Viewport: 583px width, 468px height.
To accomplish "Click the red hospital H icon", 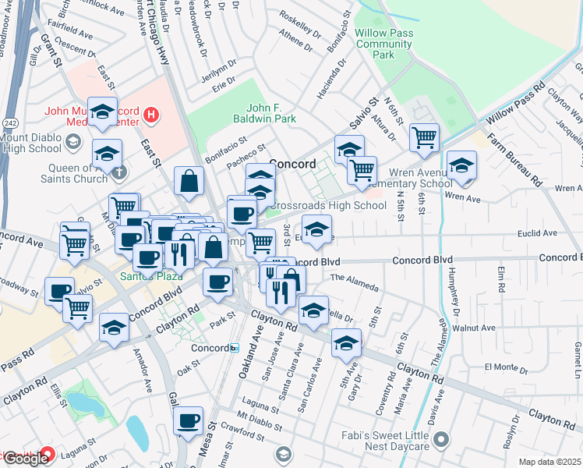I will click(x=152, y=117).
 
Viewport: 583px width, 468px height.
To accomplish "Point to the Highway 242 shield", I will click(x=8, y=122).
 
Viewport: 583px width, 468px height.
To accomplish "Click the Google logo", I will click(x=26, y=458).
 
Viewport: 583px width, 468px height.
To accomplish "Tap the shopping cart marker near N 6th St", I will click(x=425, y=138).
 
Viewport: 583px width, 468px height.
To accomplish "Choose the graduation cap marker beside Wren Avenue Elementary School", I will click(x=462, y=166).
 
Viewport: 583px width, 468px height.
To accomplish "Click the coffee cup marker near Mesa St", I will click(x=188, y=422).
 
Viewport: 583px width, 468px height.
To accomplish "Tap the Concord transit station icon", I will click(x=234, y=348).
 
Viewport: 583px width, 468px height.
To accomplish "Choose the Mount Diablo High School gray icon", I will click(x=73, y=141).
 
